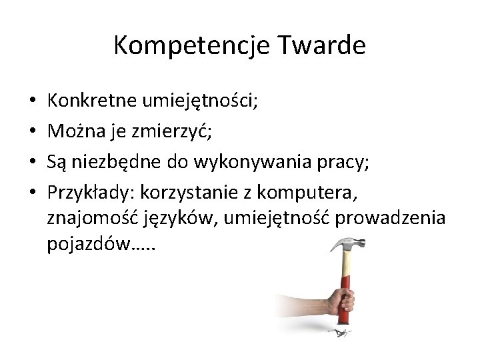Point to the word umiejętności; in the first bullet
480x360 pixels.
[199, 101]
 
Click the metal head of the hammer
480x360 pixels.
[347, 244]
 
